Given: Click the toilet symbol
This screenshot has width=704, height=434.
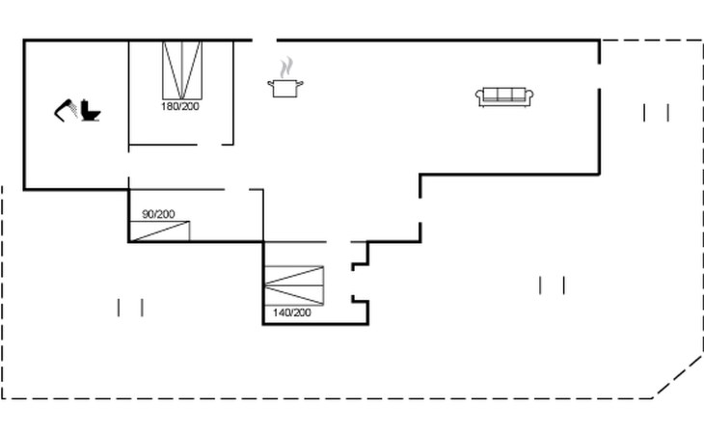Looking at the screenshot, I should pos(92,111).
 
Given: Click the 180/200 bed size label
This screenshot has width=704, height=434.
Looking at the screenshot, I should pos(180,106).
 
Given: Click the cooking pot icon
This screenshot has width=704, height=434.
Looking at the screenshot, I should pos(284,89).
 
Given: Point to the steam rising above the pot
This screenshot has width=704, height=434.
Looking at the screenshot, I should pos(285,68).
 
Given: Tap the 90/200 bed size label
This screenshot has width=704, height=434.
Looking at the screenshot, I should pos(159,214).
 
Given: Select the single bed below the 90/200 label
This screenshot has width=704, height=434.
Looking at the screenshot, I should pos(160,231).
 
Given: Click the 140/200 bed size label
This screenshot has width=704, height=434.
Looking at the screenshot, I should pos(292,312).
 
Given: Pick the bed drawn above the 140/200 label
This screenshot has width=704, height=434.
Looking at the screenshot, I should pos(295,285).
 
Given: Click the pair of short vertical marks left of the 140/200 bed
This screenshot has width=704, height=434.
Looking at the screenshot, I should pos(130,308).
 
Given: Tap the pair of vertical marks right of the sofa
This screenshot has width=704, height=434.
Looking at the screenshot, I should pos(657,113).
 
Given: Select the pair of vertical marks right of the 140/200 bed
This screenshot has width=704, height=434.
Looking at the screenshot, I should pos(552,285).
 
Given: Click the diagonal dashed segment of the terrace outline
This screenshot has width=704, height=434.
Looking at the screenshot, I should pos(679,376).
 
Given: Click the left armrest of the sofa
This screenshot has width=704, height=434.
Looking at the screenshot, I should pos(479,95).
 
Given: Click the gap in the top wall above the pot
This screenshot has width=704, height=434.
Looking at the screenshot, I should pos(265,40).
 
